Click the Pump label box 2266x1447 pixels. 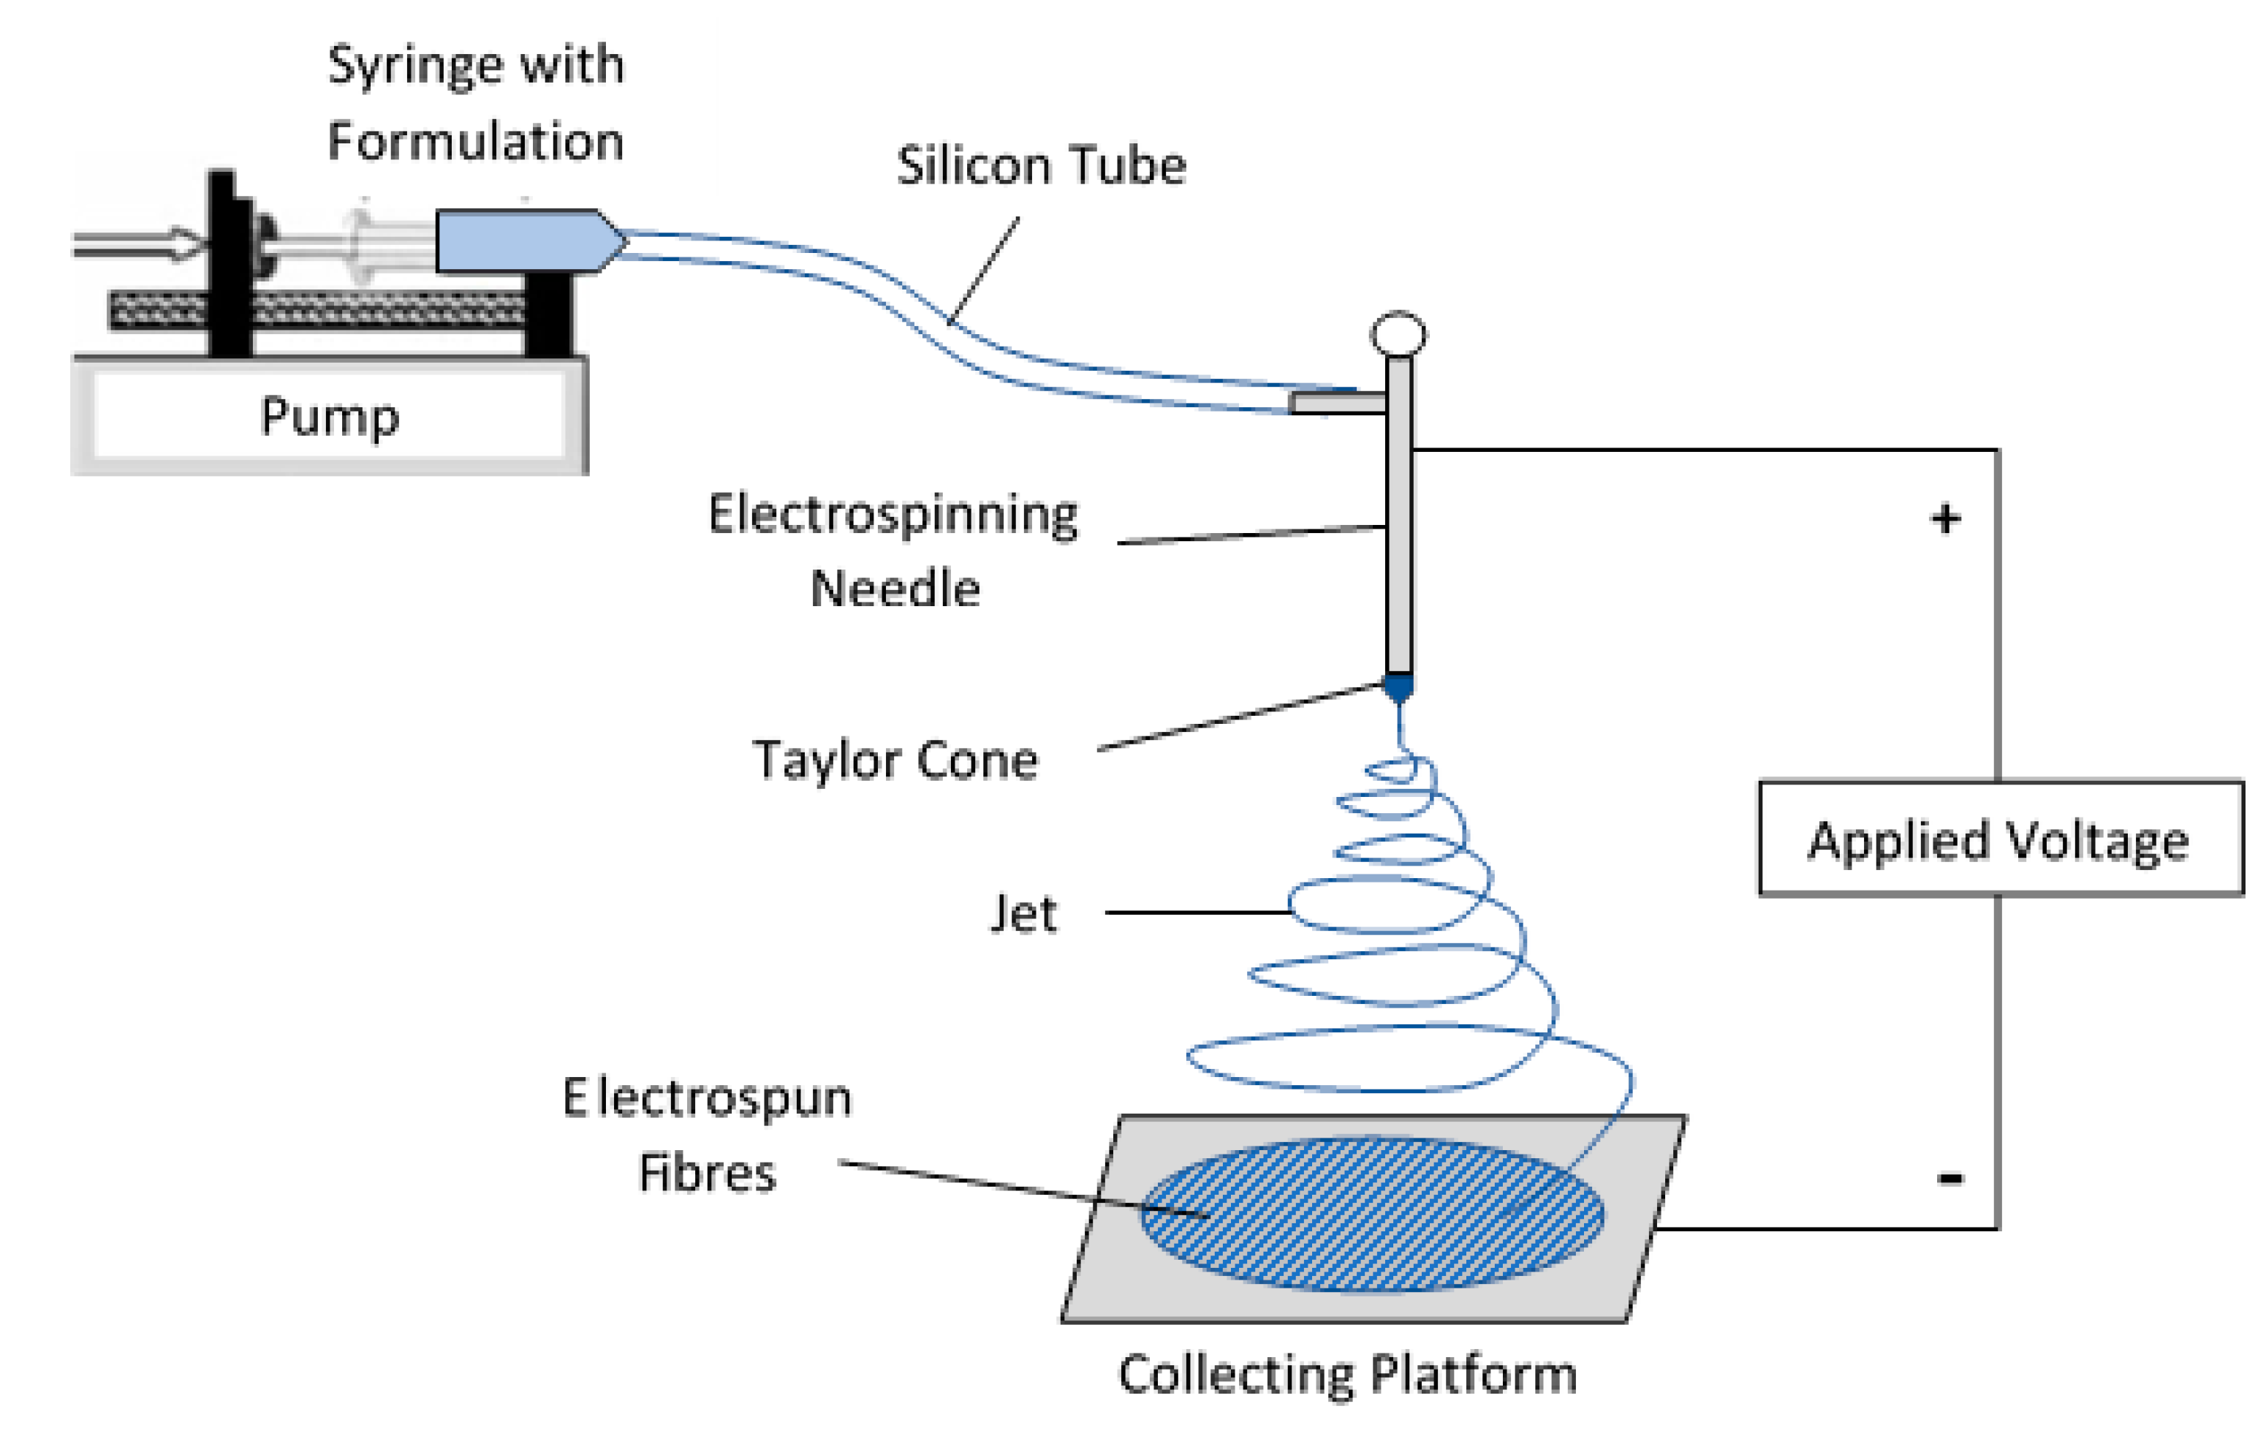(x=330, y=415)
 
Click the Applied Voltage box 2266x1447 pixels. (x=2001, y=839)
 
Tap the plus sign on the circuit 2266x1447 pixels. (x=1945, y=518)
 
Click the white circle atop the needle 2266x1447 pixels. (x=1398, y=334)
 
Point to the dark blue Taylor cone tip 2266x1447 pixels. (x=1398, y=688)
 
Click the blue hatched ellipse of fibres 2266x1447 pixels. (x=1371, y=1214)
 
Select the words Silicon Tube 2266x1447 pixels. (x=1041, y=167)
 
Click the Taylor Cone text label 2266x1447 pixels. (x=895, y=760)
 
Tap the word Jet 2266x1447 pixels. (x=1023, y=913)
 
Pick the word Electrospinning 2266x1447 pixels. (x=893, y=516)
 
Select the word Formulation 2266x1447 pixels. (x=475, y=142)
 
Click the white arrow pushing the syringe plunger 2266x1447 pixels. (x=141, y=245)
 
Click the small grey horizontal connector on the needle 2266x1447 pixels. (x=1336, y=403)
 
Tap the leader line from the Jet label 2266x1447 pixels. (x=1195, y=913)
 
